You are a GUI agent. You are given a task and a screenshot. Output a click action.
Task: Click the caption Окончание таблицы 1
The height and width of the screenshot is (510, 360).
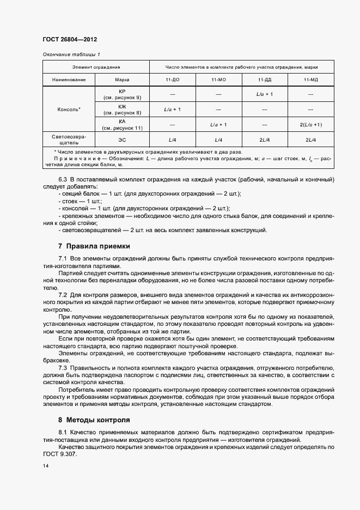71,54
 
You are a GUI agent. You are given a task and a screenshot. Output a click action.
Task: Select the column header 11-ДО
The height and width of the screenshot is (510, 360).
172,80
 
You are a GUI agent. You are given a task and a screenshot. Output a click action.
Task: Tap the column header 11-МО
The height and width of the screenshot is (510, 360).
218,80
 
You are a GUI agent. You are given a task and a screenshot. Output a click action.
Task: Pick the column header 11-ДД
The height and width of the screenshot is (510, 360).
264,80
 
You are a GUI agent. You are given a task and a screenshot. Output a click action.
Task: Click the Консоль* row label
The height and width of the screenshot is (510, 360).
69,109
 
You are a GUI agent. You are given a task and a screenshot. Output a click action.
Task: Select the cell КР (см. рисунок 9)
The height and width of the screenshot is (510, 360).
122,94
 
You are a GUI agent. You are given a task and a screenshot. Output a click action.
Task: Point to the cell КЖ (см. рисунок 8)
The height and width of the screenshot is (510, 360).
122,109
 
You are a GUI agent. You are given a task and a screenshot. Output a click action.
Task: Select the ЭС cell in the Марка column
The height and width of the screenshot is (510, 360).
122,139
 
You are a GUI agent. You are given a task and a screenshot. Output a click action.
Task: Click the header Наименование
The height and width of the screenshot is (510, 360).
69,80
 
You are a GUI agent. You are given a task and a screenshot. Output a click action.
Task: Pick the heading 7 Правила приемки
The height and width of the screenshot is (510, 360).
94,246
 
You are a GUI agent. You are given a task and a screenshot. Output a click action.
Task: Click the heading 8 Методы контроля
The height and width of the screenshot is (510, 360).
94,420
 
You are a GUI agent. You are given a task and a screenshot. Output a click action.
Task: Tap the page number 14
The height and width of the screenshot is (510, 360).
45,466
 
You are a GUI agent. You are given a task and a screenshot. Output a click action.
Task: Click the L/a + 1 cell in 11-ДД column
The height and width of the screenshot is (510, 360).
264,94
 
